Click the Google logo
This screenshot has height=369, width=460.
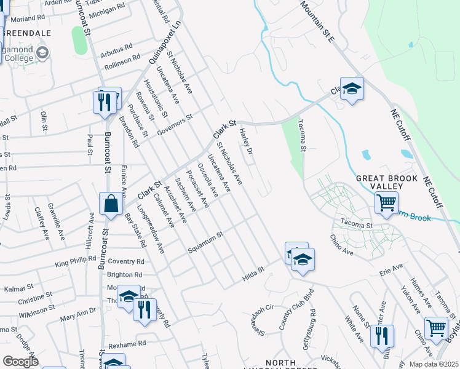coord(20,361)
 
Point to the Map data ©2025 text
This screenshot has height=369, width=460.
coord(434,364)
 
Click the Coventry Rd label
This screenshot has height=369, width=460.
coord(125,261)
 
